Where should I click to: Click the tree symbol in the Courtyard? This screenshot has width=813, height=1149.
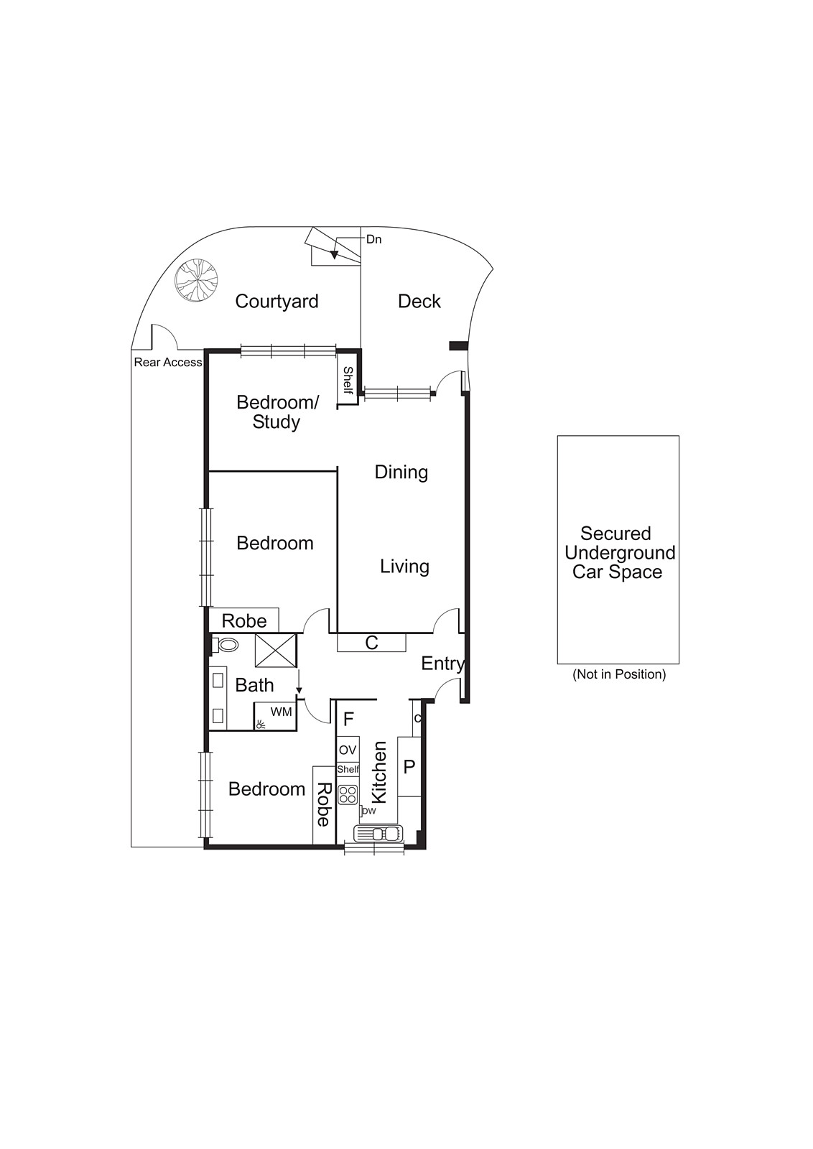[x=196, y=279]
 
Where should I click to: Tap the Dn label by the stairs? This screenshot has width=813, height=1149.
[x=373, y=239]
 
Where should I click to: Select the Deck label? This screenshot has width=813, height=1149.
[x=419, y=302]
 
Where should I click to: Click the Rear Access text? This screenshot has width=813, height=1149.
[x=167, y=363]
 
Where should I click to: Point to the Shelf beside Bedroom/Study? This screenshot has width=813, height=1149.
[x=348, y=380]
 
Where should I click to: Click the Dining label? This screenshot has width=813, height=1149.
[x=401, y=472]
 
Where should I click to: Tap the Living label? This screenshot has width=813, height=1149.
[x=404, y=567]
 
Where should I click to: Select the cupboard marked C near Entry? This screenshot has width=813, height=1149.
[x=371, y=643]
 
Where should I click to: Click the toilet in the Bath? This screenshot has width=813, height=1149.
[x=227, y=645]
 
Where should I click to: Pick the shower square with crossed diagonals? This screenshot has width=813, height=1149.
[x=276, y=651]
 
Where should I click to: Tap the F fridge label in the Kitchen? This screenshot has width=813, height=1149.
[x=348, y=720]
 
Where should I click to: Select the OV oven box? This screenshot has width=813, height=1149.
[x=348, y=750]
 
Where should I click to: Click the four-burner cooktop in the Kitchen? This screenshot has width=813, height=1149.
[x=348, y=794]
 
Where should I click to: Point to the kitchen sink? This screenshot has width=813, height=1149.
[x=378, y=834]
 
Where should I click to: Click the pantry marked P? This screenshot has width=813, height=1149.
[x=409, y=767]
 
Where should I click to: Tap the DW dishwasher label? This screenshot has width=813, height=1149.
[x=368, y=811]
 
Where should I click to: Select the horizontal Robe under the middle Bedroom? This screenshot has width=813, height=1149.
[x=243, y=621]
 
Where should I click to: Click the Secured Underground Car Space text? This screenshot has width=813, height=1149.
[x=618, y=552]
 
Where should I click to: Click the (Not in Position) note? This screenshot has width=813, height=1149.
[x=618, y=674]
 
